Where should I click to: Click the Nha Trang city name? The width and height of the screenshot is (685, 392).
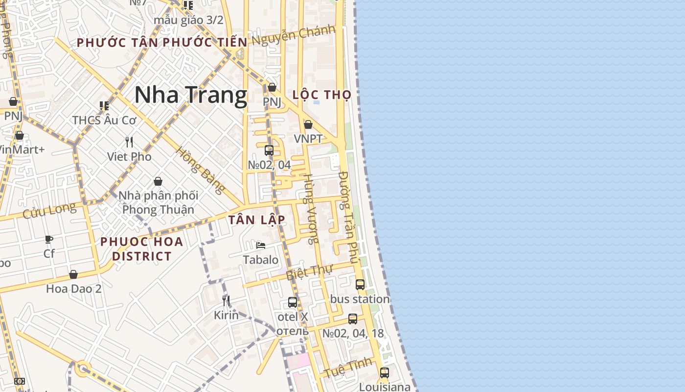[x=190, y=95]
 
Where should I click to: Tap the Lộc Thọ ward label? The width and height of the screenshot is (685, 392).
[x=322, y=95]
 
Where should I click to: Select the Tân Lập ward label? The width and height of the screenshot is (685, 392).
[x=256, y=220]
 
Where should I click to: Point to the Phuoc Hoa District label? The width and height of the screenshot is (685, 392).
[x=142, y=248]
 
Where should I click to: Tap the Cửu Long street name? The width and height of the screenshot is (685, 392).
[x=49, y=211]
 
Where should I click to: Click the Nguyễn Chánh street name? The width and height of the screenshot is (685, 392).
[x=293, y=35]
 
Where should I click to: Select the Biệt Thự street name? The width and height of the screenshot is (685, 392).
[x=309, y=272]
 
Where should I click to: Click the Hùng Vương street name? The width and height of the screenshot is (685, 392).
[x=311, y=208]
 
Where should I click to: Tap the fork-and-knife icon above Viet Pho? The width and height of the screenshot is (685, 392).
[x=129, y=142]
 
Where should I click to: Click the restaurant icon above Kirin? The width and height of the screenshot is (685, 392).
[x=226, y=300]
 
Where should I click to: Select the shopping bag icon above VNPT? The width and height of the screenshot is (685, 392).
[x=308, y=124]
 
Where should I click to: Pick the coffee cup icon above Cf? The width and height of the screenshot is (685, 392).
[x=49, y=239]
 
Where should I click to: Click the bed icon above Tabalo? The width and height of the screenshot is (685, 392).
[x=261, y=245]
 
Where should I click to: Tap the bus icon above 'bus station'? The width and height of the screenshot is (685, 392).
[x=360, y=284]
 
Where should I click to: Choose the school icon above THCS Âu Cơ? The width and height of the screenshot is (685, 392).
[x=104, y=106]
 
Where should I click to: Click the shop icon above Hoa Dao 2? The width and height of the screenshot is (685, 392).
[x=73, y=274]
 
